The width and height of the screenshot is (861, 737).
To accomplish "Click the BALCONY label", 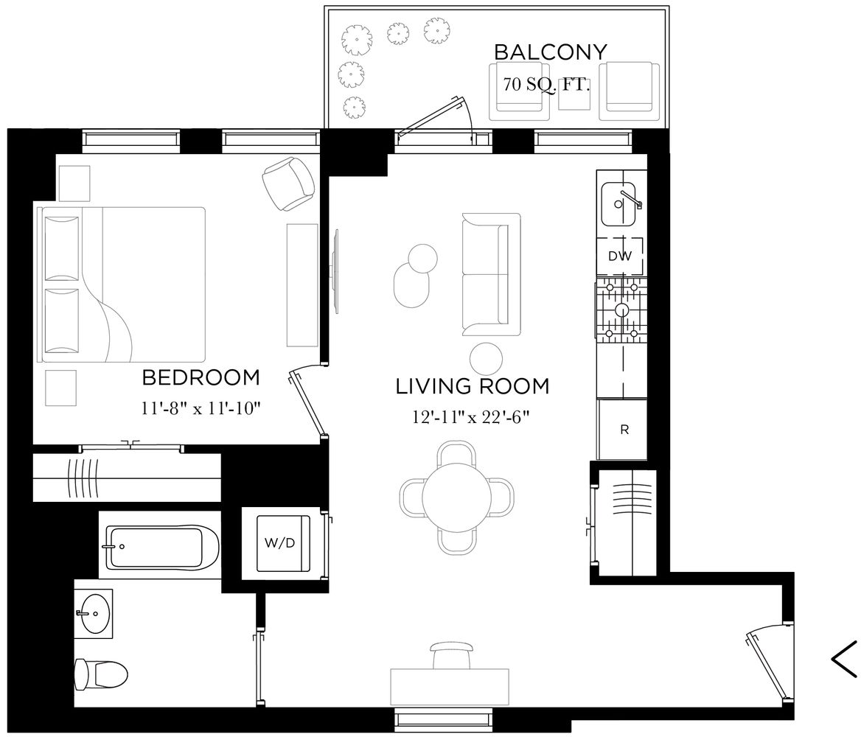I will (550, 52).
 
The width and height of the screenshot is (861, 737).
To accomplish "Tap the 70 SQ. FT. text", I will (546, 84).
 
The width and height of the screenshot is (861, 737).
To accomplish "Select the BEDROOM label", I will (201, 377).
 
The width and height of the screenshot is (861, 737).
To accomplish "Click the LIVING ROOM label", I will (473, 386).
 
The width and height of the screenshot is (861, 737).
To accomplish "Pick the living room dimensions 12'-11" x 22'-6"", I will (472, 417).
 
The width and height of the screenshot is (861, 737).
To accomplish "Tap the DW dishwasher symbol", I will (619, 256).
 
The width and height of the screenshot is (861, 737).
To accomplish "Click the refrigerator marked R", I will (624, 430).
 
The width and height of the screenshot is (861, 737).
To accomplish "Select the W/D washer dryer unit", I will (279, 543).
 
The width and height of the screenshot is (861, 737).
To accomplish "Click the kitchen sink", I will (620, 204).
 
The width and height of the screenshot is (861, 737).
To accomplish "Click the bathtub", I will (162, 547).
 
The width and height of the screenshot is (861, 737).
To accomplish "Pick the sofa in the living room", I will (490, 273).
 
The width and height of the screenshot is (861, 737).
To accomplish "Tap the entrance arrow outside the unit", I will (844, 658).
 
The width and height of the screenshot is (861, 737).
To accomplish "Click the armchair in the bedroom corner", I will (288, 184).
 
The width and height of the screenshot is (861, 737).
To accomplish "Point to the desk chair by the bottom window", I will (451, 654).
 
